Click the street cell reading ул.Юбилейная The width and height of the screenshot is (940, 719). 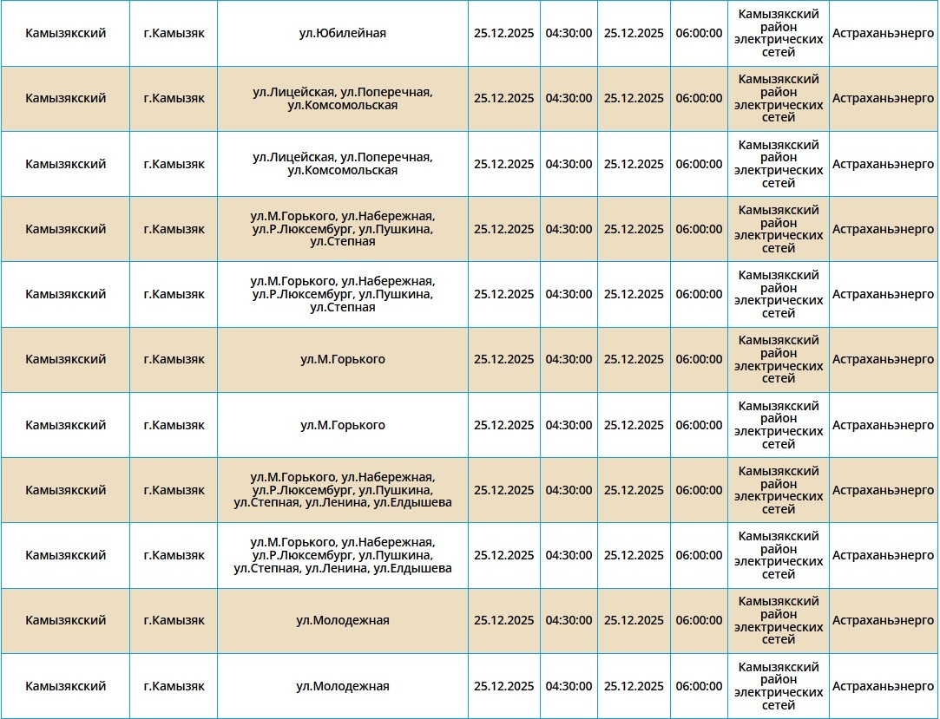click(x=342, y=33)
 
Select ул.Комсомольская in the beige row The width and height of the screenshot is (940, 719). click(x=342, y=105)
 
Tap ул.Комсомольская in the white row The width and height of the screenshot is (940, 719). click(x=342, y=171)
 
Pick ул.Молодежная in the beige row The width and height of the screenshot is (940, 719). click(x=342, y=620)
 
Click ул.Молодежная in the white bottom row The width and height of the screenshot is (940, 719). click(x=342, y=686)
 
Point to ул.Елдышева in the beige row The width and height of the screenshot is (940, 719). click(x=412, y=503)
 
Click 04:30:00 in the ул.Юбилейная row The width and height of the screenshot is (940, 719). click(x=569, y=33)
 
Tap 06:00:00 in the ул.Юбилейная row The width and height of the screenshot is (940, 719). click(x=699, y=33)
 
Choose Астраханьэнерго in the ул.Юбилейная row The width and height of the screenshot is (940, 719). click(x=883, y=33)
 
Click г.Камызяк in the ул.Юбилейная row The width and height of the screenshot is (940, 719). click(x=174, y=33)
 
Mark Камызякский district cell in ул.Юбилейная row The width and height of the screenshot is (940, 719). click(x=66, y=33)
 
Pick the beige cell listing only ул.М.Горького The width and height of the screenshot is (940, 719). click(x=342, y=359)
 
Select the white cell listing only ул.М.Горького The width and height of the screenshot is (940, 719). click(x=342, y=425)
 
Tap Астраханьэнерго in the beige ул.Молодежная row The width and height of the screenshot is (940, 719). click(x=883, y=620)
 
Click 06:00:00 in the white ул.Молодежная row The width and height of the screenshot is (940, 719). click(x=699, y=686)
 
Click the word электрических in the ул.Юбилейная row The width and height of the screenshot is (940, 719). click(x=779, y=40)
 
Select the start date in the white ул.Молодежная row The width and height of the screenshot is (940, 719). click(x=504, y=686)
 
